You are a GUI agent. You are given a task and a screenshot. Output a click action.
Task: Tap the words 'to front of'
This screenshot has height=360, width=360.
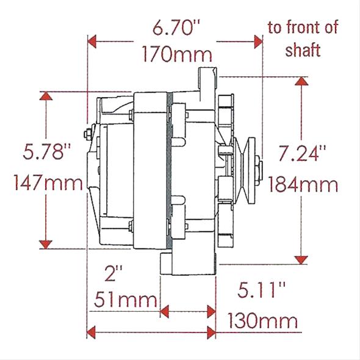coord(303,27)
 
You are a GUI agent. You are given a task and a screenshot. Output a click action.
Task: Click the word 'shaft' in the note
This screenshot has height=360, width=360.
coord(303,49)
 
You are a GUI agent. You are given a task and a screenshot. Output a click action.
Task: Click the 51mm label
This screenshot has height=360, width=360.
coord(125,300)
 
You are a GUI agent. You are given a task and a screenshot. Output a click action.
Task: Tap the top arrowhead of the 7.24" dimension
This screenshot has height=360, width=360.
coord(301,81)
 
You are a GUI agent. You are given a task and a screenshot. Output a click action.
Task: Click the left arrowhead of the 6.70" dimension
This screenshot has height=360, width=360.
coord(93,42)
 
